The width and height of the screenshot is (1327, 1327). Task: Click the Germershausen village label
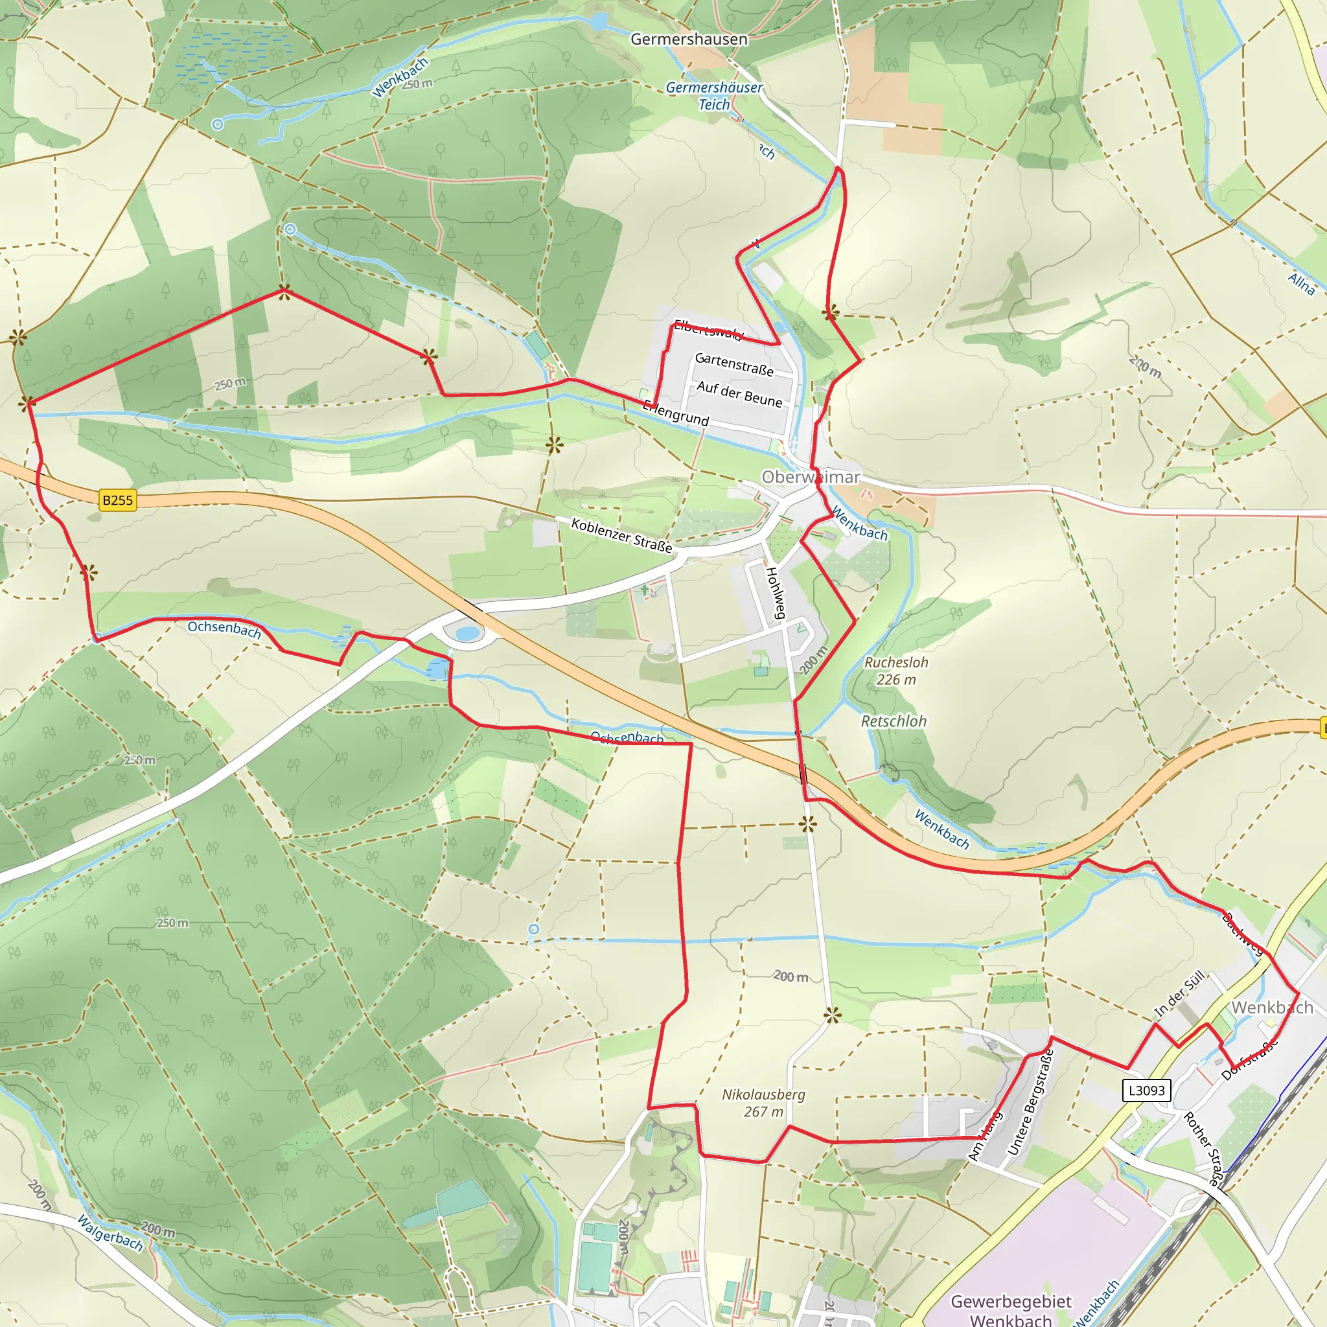pos(689,39)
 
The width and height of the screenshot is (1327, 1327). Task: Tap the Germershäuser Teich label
pos(714,96)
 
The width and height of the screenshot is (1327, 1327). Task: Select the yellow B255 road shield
pos(117,500)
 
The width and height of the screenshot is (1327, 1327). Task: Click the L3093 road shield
pos(1146,1090)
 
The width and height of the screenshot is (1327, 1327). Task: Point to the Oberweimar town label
pos(811,477)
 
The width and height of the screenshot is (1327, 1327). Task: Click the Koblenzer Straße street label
pos(621,536)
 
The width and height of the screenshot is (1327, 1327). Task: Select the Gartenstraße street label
pos(734,364)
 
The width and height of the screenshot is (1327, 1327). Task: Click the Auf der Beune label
pos(739,394)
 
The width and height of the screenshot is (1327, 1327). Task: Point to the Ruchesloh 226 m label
pos(895,671)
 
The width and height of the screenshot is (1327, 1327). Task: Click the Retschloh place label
pos(894,721)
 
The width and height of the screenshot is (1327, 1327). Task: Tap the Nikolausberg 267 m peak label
pos(763,1102)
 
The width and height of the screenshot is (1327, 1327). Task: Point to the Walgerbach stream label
pos(110,1232)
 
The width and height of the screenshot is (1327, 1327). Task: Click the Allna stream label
pos(1301,284)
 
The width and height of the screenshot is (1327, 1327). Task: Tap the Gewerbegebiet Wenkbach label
pos(1010,1310)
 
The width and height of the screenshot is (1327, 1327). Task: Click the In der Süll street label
pos(1179,993)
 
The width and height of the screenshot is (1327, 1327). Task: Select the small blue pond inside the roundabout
pos(467,632)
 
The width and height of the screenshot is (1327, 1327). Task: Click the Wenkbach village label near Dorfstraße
pos(1271,1008)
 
